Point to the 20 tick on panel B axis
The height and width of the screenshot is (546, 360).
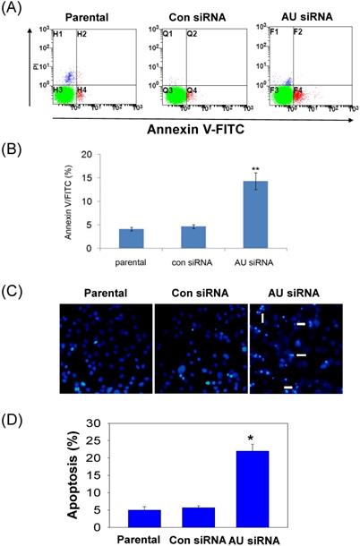pyautogui.click(x=90, y=154)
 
